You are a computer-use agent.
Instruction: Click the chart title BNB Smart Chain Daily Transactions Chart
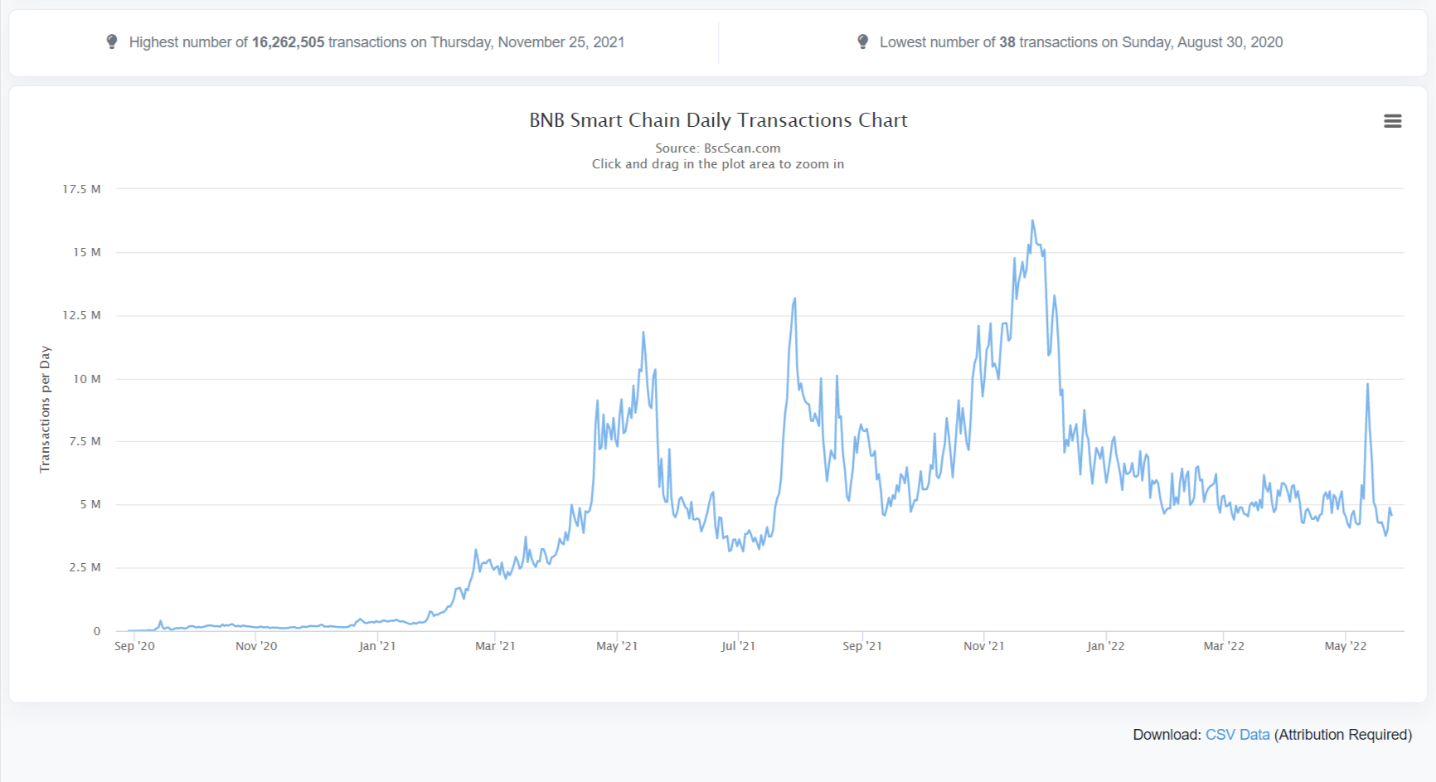[718, 120]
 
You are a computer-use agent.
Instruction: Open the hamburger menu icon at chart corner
[1393, 121]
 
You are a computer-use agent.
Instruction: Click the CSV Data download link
[1237, 735]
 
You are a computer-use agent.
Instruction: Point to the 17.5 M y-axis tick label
[81, 189]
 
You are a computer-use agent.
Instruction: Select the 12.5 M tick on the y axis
[81, 315]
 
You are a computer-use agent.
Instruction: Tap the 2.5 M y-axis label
[85, 567]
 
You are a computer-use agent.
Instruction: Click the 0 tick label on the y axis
[97, 631]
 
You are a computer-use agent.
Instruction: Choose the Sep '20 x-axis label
[134, 646]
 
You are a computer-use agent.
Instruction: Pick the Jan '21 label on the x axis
[377, 646]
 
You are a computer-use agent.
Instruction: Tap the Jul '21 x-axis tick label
[738, 646]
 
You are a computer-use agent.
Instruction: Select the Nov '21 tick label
[984, 646]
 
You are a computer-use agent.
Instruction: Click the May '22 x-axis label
[1346, 646]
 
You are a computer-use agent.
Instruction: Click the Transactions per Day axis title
[45, 410]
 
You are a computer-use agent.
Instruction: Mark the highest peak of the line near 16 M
[1032, 221]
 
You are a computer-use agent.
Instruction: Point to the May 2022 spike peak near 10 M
[1367, 383]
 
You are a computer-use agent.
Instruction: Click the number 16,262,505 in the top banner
[288, 42]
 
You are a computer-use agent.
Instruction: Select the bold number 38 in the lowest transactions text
[1007, 42]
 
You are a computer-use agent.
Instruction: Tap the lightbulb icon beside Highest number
[112, 41]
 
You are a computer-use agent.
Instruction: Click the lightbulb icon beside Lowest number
[863, 41]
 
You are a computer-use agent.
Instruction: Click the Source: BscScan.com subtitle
[718, 148]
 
